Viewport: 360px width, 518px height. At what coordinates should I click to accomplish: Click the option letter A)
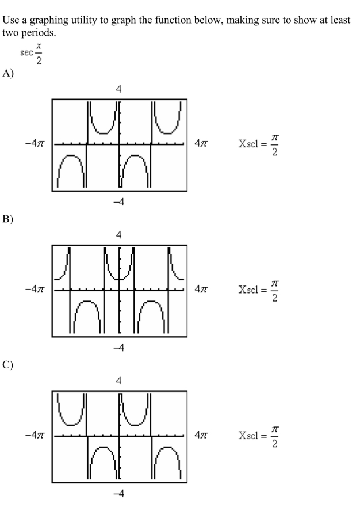tap(8, 73)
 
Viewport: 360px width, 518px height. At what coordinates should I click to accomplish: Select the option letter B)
tap(8, 219)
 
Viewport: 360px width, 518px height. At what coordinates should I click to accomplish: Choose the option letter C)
tap(8, 365)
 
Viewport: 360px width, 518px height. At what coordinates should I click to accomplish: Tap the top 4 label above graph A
tap(119, 89)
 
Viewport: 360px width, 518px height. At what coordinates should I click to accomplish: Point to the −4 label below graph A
tap(119, 202)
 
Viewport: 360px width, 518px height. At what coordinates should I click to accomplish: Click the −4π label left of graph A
tap(35, 144)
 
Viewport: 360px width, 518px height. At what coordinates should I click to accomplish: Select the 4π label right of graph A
tap(201, 143)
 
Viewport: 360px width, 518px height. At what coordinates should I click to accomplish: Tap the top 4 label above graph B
tap(119, 235)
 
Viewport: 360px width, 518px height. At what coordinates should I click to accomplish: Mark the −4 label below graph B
tap(119, 348)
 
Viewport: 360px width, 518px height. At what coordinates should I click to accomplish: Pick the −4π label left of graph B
tap(35, 290)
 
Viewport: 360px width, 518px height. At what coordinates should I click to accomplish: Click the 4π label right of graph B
tap(201, 290)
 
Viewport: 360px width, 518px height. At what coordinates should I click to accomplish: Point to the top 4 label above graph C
tap(119, 381)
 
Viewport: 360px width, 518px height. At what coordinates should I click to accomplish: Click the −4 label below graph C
tap(119, 494)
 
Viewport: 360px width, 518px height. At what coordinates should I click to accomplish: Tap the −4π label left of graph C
tap(35, 435)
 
